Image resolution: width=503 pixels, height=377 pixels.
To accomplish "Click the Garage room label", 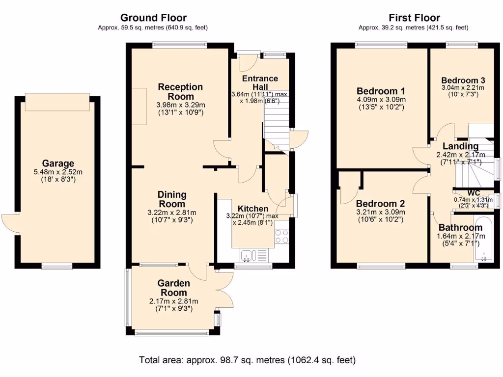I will pyautogui.click(x=58, y=163).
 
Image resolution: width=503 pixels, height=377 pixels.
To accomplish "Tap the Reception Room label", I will pyautogui.click(x=180, y=92).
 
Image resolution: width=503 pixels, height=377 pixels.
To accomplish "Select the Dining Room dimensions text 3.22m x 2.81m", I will pyautogui.click(x=171, y=213).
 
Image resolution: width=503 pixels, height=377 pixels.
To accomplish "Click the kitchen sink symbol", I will pyautogui.click(x=248, y=255).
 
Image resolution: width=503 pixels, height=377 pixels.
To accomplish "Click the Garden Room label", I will pyautogui.click(x=173, y=288).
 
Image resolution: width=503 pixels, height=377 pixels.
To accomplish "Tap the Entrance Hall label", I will pyautogui.click(x=260, y=82).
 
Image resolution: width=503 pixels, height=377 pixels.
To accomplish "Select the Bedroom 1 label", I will pyautogui.click(x=381, y=91).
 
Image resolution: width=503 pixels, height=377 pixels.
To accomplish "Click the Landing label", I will pyautogui.click(x=460, y=146).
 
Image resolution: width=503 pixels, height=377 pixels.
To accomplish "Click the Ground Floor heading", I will pyautogui.click(x=153, y=18).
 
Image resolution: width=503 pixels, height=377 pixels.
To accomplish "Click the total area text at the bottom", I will pyautogui.click(x=247, y=360).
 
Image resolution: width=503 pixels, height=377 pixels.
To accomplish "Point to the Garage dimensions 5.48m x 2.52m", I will pyautogui.click(x=58, y=172).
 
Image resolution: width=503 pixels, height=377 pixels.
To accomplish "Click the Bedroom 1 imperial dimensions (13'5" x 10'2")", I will pyautogui.click(x=381, y=107).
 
